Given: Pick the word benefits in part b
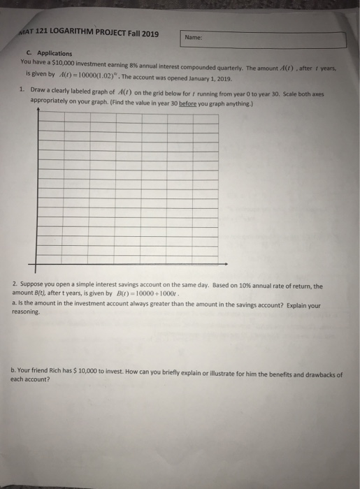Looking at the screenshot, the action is pos(264,374).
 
